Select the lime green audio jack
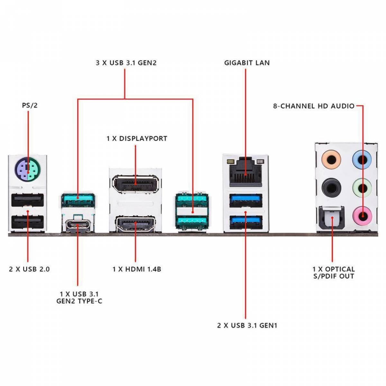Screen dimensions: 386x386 362,188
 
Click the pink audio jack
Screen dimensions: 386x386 362,216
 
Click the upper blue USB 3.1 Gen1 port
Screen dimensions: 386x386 246,200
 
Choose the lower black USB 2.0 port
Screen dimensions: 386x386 27,222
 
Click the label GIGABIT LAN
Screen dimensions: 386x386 247,63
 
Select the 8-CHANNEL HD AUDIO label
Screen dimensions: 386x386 314,106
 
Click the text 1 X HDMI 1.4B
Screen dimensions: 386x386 137,269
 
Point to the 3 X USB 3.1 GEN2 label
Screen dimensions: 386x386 126,63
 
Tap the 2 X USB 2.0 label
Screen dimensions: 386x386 29,269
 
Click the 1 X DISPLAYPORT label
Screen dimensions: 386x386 137,139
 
